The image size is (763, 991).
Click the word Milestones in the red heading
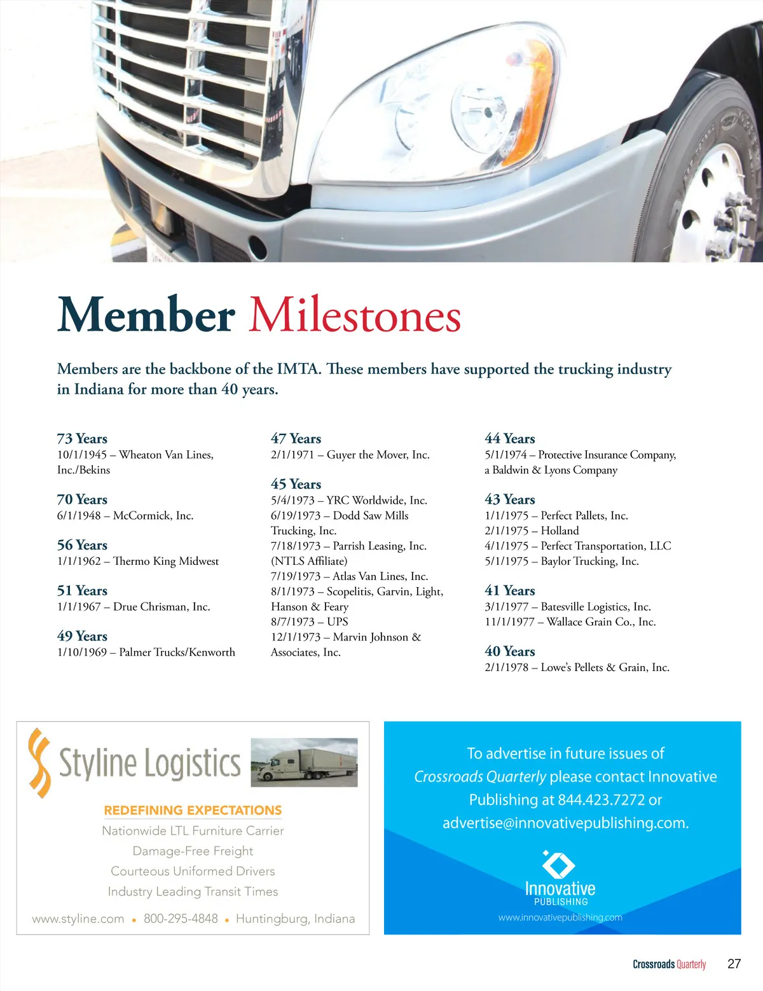tap(354, 315)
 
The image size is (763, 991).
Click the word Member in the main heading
tap(146, 315)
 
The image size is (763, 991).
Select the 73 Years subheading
tap(82, 439)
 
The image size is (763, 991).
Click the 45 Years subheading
tap(296, 485)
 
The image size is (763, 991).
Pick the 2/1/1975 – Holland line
tap(532, 531)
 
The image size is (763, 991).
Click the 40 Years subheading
tap(509, 652)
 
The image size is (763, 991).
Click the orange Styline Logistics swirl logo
tap(40, 763)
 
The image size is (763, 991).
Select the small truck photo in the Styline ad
tap(304, 762)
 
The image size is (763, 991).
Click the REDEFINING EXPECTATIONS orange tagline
tap(193, 810)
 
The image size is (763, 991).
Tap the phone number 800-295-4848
tap(181, 919)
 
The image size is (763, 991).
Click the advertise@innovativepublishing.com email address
tap(565, 823)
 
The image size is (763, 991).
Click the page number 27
tap(734, 964)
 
